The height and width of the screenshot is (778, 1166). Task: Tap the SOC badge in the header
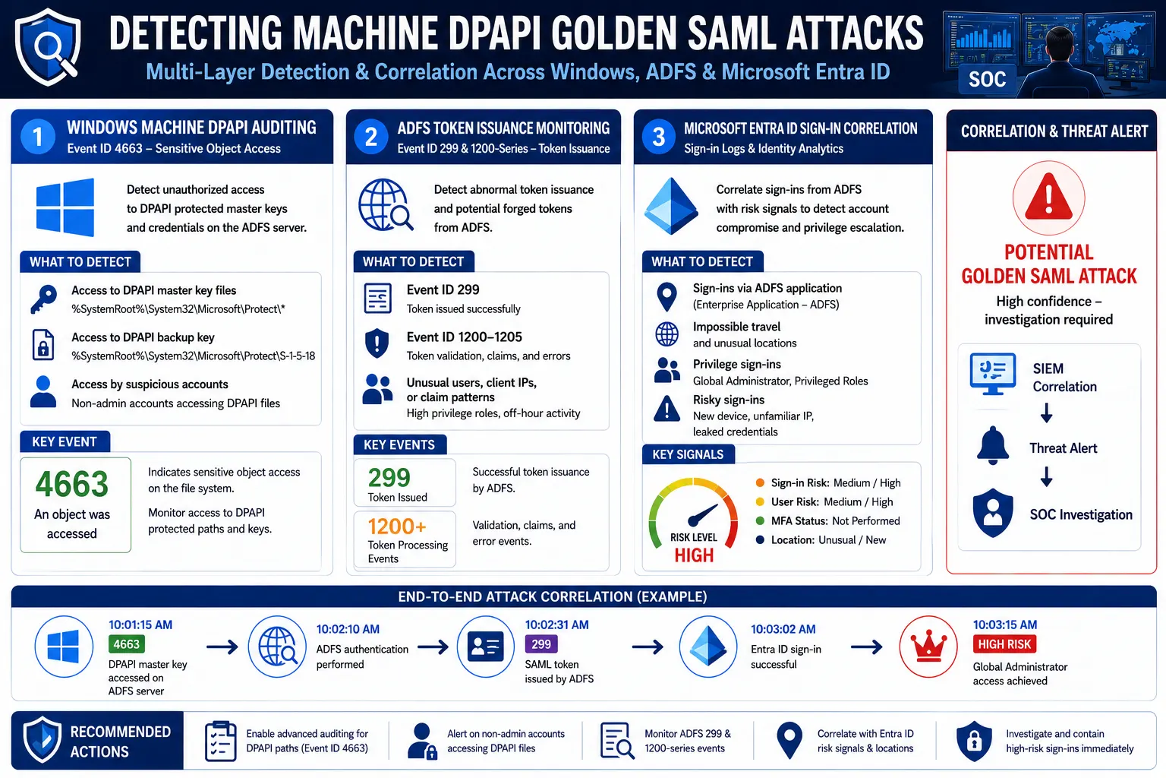(x=987, y=79)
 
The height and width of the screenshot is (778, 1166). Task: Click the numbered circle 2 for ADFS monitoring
(x=370, y=137)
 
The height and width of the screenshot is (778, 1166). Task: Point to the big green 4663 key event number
(x=72, y=483)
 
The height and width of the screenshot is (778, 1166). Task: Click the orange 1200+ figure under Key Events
(x=397, y=527)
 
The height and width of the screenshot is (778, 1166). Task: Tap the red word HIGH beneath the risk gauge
(x=694, y=555)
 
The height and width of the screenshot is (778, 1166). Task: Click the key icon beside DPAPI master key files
(x=44, y=299)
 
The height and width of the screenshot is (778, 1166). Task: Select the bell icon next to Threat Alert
(x=993, y=445)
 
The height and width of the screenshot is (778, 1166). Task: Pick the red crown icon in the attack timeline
(x=928, y=647)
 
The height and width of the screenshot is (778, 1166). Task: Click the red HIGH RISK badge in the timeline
(x=1004, y=644)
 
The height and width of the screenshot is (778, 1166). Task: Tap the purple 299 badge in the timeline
(x=540, y=644)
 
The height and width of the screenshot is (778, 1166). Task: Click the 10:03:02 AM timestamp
(x=783, y=629)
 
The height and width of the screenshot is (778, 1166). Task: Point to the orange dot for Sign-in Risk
(x=760, y=482)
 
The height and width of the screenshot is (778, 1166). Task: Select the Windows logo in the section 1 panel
(x=65, y=207)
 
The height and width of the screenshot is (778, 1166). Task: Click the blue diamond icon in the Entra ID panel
(x=672, y=206)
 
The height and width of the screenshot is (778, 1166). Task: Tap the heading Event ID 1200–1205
(x=464, y=337)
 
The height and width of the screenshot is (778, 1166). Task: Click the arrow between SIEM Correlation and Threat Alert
(x=1046, y=413)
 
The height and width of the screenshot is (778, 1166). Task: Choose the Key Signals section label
(x=688, y=454)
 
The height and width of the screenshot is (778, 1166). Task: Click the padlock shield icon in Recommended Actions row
(x=974, y=741)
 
